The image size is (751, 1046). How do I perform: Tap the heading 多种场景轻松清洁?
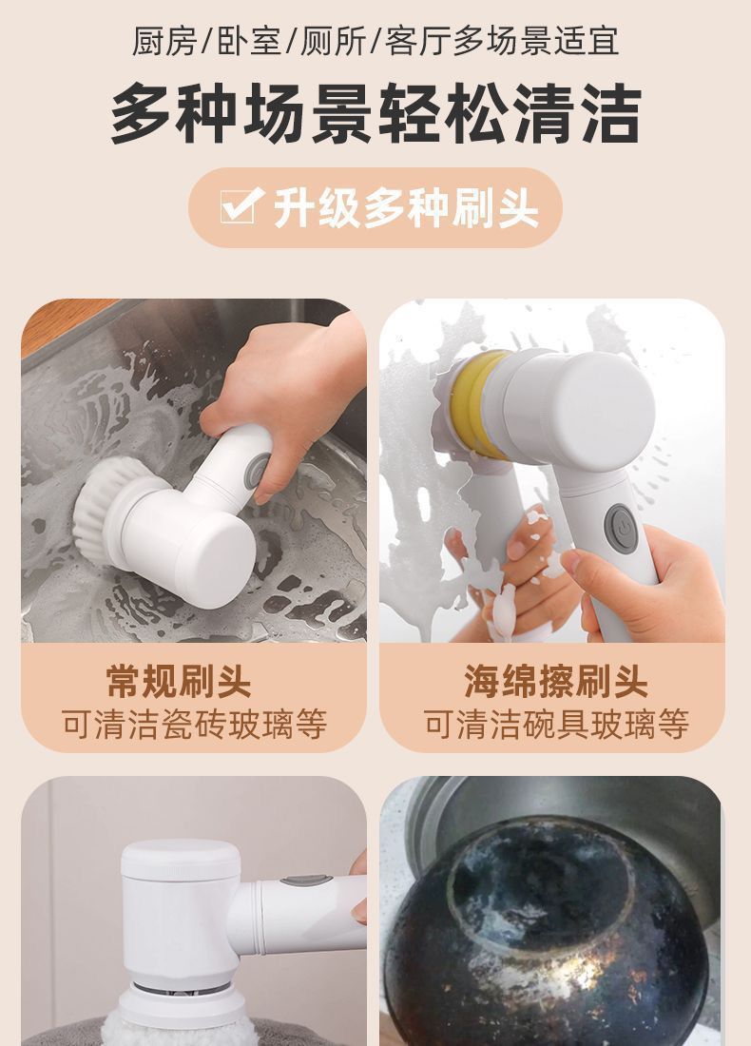tap(375, 113)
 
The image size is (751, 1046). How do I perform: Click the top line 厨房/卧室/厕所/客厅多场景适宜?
tap(375, 41)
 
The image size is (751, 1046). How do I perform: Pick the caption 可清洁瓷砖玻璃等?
tap(194, 725)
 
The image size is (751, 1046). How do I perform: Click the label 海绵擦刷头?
tap(556, 681)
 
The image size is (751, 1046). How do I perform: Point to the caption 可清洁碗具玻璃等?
tap(556, 725)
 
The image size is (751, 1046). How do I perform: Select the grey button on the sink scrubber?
tap(257, 470)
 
